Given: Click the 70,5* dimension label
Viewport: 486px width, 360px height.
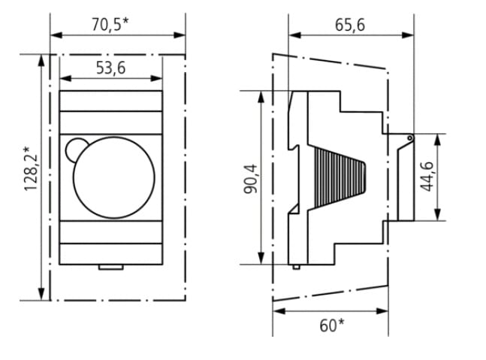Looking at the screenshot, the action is click(110, 25).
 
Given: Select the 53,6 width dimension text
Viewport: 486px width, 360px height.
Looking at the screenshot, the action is click(110, 68).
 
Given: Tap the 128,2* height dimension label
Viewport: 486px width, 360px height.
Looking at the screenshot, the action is click(31, 168).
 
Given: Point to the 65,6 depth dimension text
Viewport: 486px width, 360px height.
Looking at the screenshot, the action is click(350, 25).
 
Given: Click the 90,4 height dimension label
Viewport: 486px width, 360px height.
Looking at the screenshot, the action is click(250, 179).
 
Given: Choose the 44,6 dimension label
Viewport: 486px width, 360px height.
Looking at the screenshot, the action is click(427, 176).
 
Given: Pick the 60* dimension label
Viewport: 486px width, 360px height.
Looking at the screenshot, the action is click(332, 325).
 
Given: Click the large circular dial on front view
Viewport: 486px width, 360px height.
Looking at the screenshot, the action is click(113, 177).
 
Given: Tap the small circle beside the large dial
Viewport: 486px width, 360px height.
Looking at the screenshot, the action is click(76, 150).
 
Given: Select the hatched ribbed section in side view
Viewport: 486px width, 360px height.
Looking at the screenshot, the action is click(340, 178).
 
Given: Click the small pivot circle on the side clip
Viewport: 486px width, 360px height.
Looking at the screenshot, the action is click(409, 138).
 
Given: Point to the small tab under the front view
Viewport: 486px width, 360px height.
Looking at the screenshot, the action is click(111, 267).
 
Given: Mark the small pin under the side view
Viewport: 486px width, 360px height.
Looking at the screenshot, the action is click(296, 267).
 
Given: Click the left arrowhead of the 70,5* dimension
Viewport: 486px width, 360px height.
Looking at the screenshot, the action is click(56, 35).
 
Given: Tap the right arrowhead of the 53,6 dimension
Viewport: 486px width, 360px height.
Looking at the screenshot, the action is click(156, 78).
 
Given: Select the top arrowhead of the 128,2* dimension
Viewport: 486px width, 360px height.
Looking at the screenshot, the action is click(41, 60).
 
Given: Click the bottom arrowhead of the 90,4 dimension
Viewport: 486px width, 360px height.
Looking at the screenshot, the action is click(261, 259).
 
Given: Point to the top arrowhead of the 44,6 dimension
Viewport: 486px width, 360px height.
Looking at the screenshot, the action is click(437, 140).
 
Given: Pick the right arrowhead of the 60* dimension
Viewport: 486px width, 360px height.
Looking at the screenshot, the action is click(382, 310).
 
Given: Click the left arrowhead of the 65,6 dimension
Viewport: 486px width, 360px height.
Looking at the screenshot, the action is click(294, 35).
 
